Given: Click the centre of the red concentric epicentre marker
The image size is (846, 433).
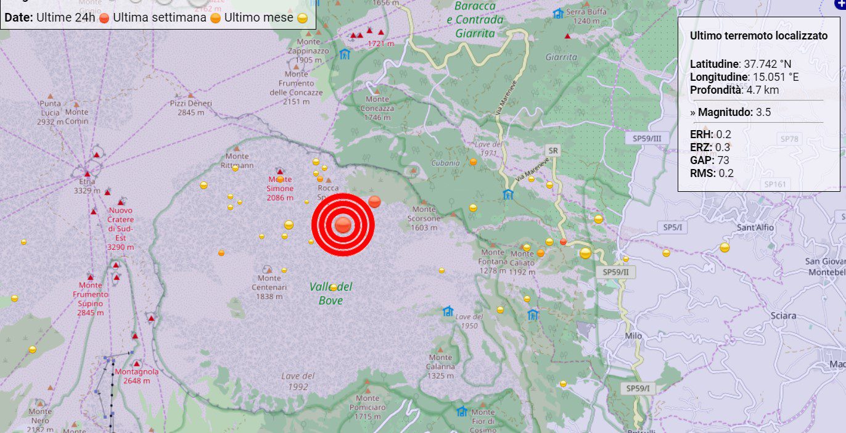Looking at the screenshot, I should (343, 225).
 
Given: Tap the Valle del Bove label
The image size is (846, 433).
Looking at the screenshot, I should (331, 294).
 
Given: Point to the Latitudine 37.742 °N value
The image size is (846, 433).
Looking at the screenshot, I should (741, 64).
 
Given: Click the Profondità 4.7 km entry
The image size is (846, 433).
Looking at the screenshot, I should (734, 90).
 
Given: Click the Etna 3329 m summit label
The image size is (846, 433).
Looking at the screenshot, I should (87, 186).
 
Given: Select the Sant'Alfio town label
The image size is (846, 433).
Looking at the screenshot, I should (755, 227).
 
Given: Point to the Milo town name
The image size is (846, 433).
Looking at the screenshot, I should (633, 336).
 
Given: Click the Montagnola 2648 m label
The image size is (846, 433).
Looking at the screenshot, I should (137, 376).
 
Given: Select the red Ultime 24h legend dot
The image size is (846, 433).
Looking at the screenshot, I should (104, 18).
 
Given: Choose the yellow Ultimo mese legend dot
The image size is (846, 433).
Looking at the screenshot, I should (302, 18).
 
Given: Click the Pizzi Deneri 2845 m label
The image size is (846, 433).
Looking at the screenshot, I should (191, 107).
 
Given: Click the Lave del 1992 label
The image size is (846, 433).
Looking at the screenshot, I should (298, 381).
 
